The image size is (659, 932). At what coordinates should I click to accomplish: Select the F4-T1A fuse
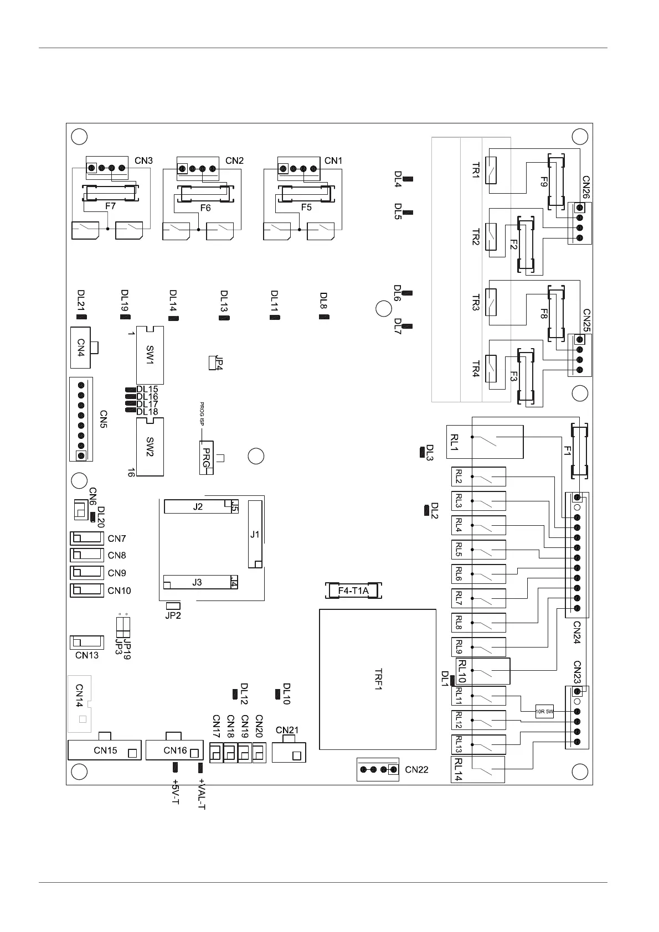click(x=353, y=591)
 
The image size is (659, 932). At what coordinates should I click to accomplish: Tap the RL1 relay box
click(x=485, y=442)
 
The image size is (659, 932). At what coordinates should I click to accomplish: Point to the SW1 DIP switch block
click(x=150, y=355)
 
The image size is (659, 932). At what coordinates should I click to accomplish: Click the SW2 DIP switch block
click(x=150, y=447)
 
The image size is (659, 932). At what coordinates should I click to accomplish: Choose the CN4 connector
click(x=81, y=348)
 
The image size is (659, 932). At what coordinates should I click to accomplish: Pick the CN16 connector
click(x=174, y=750)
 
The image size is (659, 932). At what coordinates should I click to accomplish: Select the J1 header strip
click(x=255, y=534)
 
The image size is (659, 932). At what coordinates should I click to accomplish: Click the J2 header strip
click(x=198, y=506)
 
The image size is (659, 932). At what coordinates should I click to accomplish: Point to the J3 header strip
click(x=197, y=582)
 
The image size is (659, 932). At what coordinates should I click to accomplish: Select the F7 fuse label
click(x=110, y=206)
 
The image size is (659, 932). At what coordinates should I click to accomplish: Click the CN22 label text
click(x=416, y=769)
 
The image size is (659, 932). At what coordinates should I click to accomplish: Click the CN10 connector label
click(x=119, y=591)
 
